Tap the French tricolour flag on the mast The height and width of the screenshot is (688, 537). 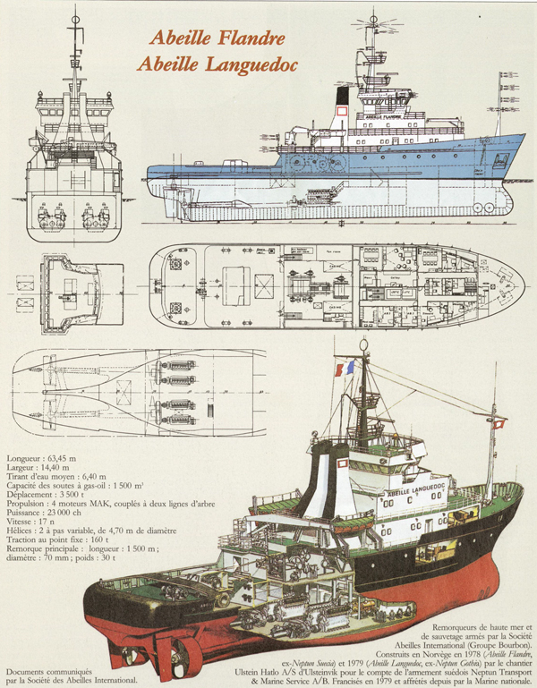point(344,367)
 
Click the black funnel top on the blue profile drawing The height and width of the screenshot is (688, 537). point(343,94)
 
